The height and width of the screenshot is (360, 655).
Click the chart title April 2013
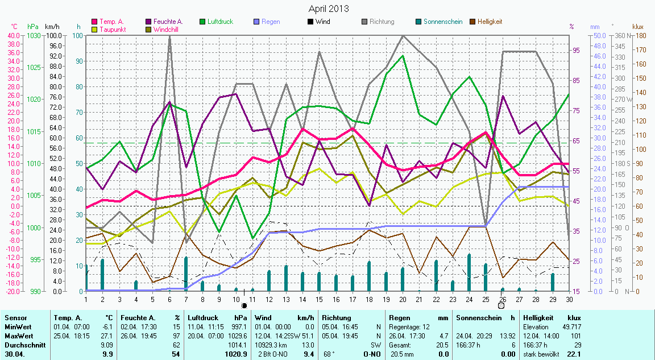coord(329,9)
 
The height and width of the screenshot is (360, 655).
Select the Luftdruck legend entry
coord(221,22)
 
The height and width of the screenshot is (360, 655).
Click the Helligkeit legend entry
coord(490,22)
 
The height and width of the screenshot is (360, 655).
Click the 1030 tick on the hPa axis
coord(34,35)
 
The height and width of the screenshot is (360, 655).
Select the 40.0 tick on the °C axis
coord(13,35)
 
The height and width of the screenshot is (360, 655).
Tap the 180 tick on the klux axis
coord(639,35)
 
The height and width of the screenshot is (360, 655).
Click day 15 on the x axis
coord(320,299)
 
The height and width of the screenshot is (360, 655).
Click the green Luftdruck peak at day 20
coord(403,56)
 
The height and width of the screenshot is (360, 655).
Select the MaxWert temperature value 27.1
coord(106,336)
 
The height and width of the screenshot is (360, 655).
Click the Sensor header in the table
coord(15,318)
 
